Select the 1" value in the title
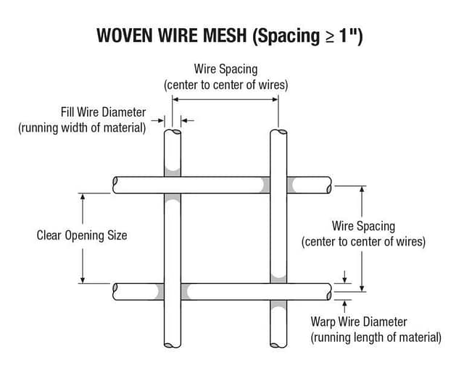click(350, 36)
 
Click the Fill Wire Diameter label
click(103, 112)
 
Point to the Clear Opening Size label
click(81, 235)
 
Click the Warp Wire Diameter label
click(359, 322)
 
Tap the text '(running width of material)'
click(82, 128)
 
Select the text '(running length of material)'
click(376, 337)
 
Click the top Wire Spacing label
click(225, 69)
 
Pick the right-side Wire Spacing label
click(363, 226)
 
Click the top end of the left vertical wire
click(173, 134)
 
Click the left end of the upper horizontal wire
click(116, 185)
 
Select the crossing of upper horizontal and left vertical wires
click(173, 185)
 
